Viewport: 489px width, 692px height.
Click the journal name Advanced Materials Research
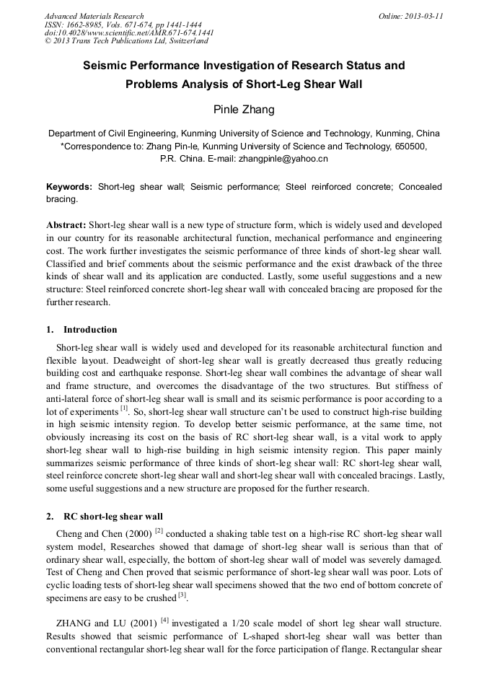point(94,16)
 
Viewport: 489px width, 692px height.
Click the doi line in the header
point(129,33)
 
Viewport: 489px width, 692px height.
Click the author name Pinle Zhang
point(244,110)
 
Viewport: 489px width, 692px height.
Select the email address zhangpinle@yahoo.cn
point(283,158)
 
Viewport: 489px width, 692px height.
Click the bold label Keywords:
point(69,187)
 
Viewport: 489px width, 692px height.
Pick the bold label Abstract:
point(66,224)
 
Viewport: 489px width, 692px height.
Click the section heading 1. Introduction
point(81,330)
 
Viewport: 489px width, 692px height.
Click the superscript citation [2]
point(159,531)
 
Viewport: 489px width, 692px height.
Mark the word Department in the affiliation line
point(75,133)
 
